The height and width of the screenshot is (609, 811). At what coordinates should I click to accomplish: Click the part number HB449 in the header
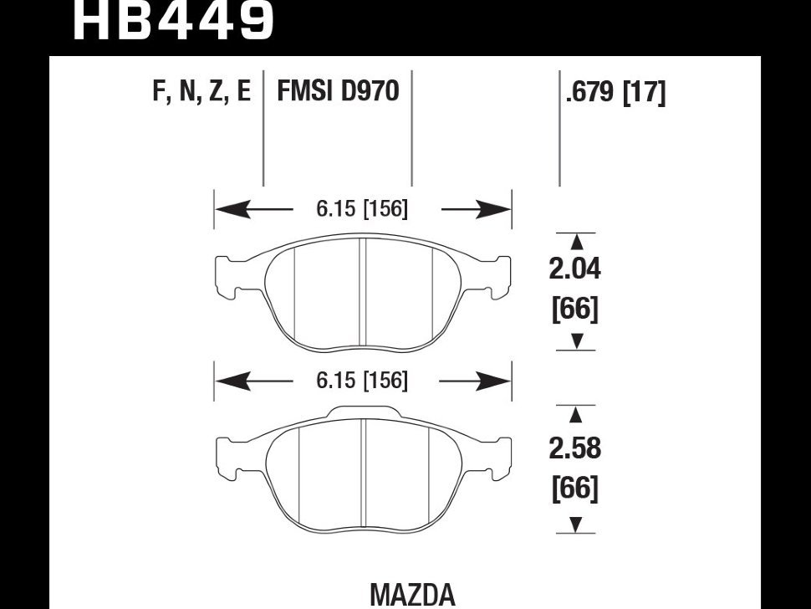pyautogui.click(x=173, y=20)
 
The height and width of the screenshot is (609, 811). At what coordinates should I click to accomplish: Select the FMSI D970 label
pyautogui.click(x=339, y=91)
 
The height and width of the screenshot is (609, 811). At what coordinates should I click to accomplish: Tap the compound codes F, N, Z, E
pyautogui.click(x=201, y=91)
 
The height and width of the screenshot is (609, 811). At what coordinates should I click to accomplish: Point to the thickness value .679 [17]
pyautogui.click(x=615, y=93)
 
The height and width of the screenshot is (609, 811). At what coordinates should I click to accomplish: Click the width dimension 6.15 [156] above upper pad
pyautogui.click(x=362, y=208)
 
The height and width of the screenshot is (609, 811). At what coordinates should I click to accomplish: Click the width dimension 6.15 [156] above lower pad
pyautogui.click(x=362, y=381)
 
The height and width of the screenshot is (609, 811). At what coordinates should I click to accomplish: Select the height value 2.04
pyautogui.click(x=575, y=269)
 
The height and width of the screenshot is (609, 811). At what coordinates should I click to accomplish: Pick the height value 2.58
pyautogui.click(x=575, y=448)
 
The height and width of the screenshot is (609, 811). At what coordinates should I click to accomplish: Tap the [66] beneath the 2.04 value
pyautogui.click(x=575, y=309)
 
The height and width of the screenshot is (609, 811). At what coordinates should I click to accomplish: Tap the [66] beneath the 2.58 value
pyautogui.click(x=575, y=488)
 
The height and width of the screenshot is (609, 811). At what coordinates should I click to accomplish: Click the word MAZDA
pyautogui.click(x=413, y=595)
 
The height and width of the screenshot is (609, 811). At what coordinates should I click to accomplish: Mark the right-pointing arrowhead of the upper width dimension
pyautogui.click(x=493, y=210)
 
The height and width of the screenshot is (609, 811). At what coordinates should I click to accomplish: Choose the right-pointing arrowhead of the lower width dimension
pyautogui.click(x=493, y=381)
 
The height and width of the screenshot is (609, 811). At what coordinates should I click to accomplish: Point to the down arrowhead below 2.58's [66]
pyautogui.click(x=576, y=525)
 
